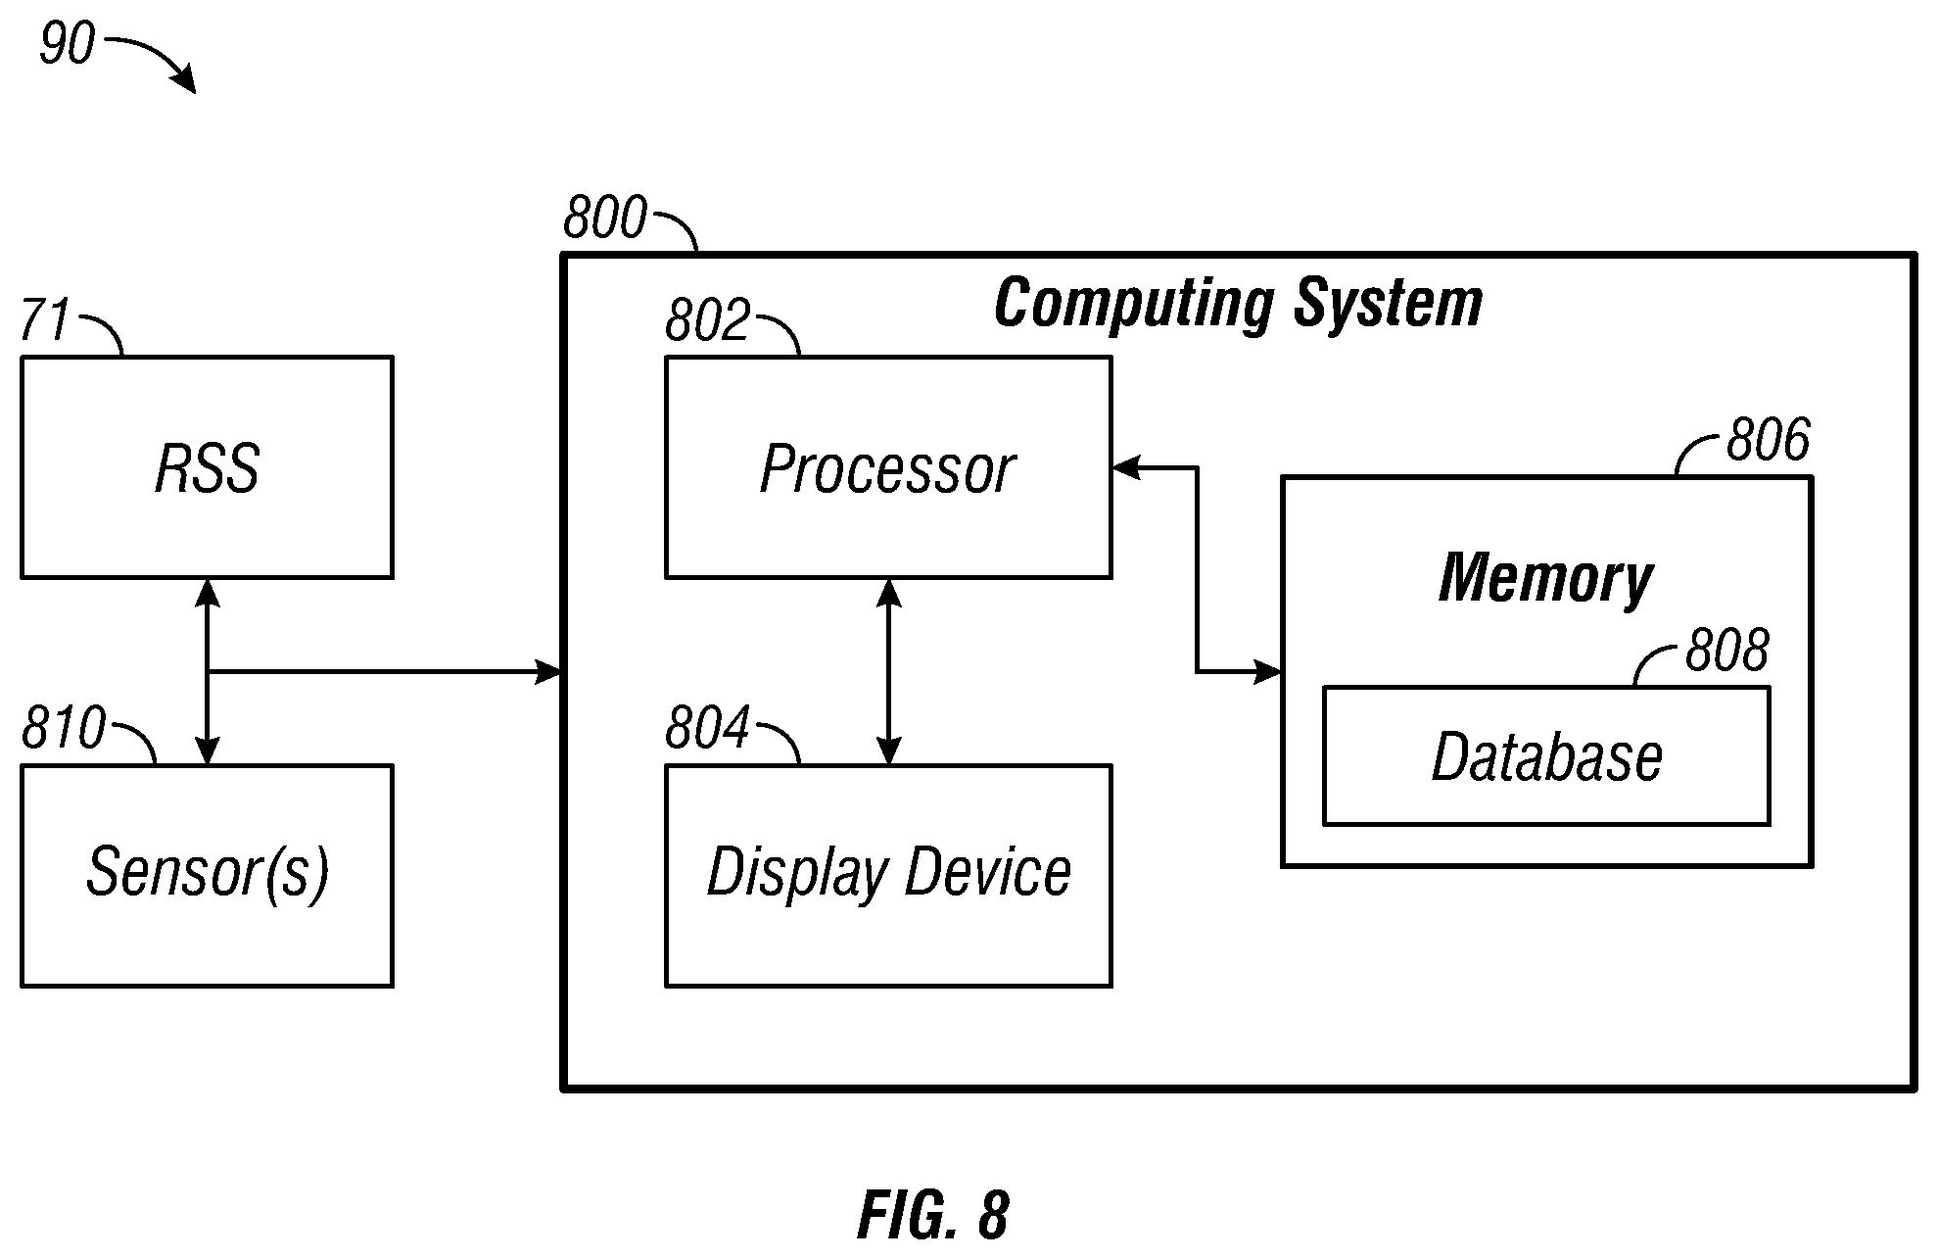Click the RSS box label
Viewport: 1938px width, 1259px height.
pyautogui.click(x=208, y=468)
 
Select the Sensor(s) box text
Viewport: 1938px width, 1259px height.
pyautogui.click(x=208, y=872)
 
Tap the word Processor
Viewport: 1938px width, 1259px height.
pyautogui.click(x=887, y=469)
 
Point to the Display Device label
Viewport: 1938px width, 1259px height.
pyautogui.click(x=888, y=872)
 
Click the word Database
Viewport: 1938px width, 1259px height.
pyautogui.click(x=1546, y=757)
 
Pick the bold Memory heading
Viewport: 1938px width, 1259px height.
pyautogui.click(x=1545, y=578)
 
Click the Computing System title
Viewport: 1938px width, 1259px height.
pyautogui.click(x=1238, y=303)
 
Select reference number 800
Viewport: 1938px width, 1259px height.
pyautogui.click(x=605, y=218)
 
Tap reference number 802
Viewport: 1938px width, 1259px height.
pyautogui.click(x=707, y=319)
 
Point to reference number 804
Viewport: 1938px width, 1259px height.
pyautogui.click(x=707, y=728)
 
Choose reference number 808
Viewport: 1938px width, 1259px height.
pyautogui.click(x=1726, y=650)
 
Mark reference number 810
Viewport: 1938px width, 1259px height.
pyautogui.click(x=64, y=728)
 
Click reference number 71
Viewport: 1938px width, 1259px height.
pyautogui.click(x=45, y=319)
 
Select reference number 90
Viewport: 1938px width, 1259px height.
pyautogui.click(x=67, y=44)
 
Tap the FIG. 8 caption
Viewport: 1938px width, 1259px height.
pyautogui.click(x=933, y=1216)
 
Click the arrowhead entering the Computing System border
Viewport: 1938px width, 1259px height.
pyautogui.click(x=548, y=672)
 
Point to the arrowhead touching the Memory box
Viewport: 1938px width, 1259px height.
pyautogui.click(x=1268, y=672)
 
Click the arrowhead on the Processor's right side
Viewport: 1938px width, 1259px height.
pyautogui.click(x=1126, y=468)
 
